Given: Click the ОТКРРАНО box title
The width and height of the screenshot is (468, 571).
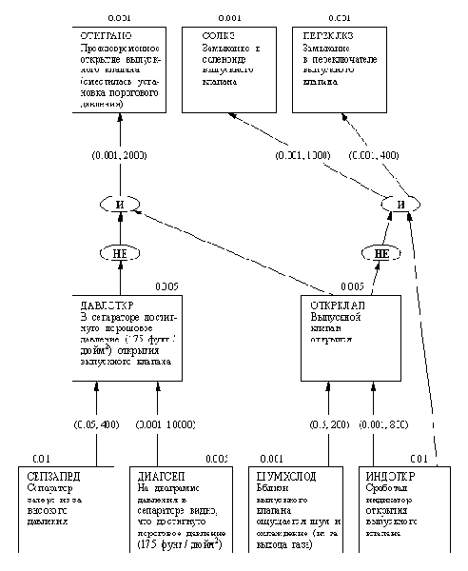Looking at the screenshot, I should point(99,34).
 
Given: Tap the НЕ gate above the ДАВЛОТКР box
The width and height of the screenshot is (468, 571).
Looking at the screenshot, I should point(120,252).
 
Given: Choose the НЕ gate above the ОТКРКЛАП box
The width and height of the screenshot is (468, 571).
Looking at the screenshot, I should point(380,252).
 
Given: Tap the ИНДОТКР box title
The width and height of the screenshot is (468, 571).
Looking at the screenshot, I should point(389,473).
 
